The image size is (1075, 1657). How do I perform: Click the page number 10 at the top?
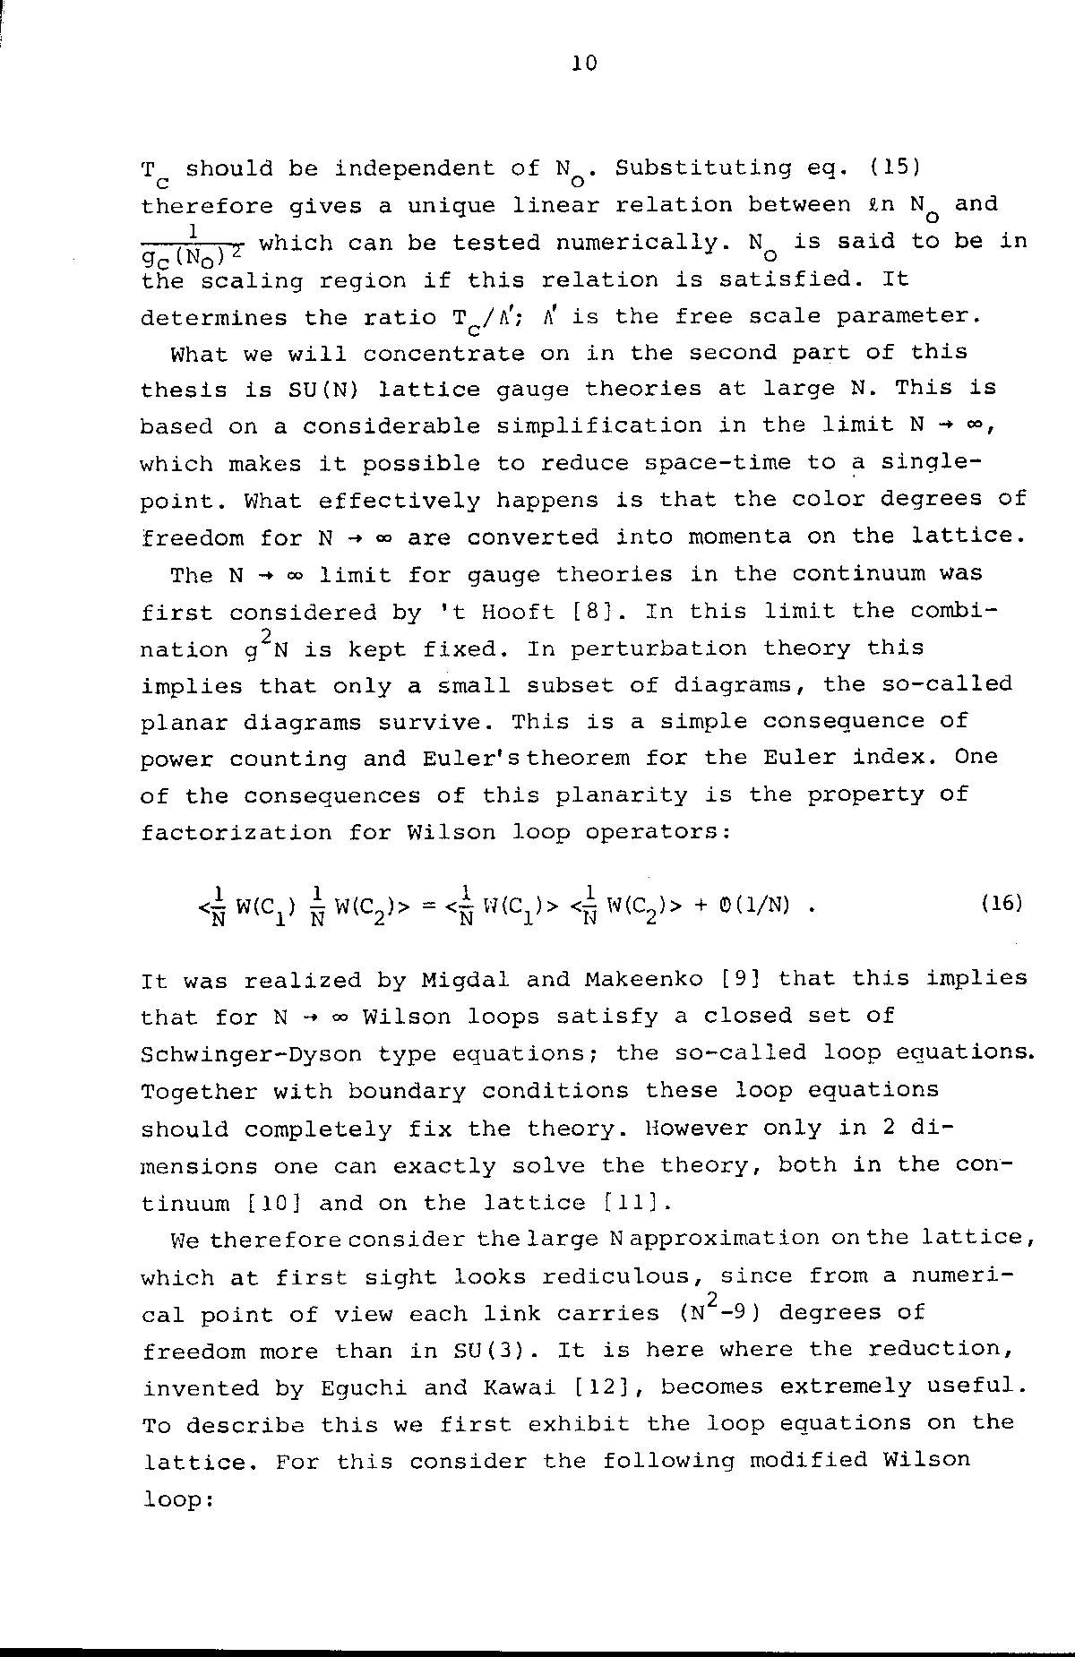point(582,64)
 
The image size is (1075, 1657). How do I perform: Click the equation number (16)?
point(1001,904)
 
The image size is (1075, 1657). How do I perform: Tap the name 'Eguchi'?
point(363,1387)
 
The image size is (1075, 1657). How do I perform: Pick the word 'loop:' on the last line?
point(177,1499)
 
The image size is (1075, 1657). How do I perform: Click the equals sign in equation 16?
point(428,906)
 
